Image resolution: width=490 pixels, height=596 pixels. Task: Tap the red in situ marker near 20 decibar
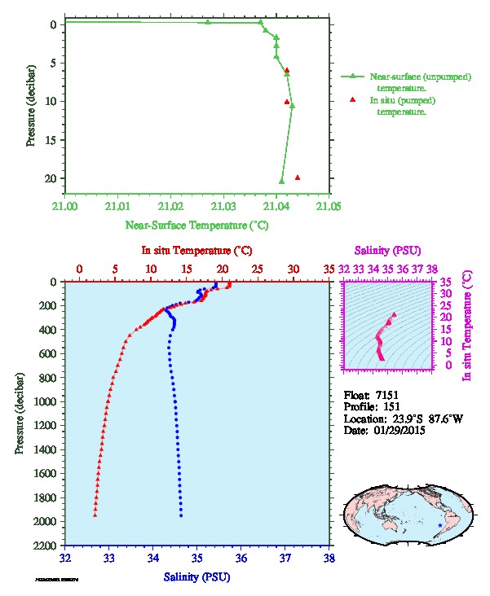click(298, 177)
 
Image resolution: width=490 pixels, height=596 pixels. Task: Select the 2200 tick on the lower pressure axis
click(42, 545)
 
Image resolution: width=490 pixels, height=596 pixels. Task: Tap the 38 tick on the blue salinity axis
click(329, 559)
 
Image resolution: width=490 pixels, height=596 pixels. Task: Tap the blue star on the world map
click(441, 526)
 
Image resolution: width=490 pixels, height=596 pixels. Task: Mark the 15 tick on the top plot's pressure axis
click(50, 139)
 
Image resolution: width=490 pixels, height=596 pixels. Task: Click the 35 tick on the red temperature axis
click(329, 268)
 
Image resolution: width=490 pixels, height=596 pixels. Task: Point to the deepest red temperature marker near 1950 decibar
click(95, 515)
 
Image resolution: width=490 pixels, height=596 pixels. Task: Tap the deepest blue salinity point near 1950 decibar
click(181, 515)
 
